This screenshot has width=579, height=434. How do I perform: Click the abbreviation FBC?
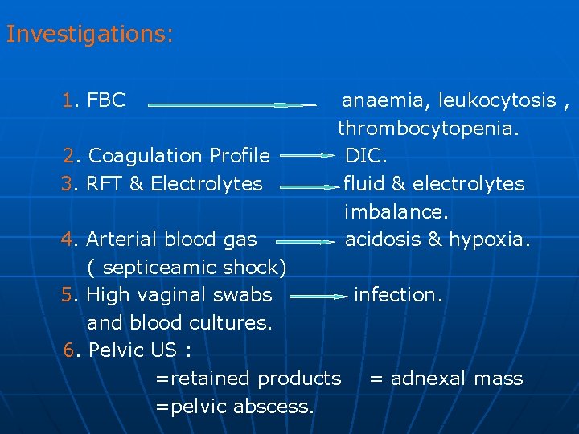(106, 100)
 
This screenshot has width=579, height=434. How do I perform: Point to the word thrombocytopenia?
(428, 128)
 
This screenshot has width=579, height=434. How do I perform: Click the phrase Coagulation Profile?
(179, 155)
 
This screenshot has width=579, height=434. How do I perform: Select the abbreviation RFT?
(105, 183)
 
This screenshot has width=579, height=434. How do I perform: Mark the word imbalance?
(396, 212)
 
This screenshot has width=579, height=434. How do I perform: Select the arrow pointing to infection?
(318, 297)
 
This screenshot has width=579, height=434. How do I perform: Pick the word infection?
(397, 294)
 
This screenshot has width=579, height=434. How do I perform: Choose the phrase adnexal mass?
(456, 379)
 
